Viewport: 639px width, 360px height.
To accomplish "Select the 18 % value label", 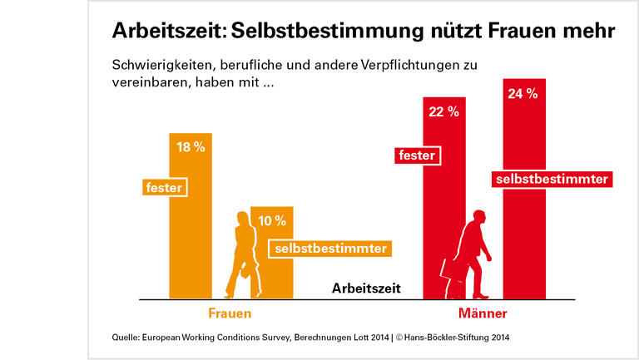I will [x=191, y=147].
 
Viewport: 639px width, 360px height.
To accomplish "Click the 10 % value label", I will [x=271, y=220].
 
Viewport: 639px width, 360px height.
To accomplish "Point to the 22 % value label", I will [x=443, y=111].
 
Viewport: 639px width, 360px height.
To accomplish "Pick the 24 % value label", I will [x=523, y=94].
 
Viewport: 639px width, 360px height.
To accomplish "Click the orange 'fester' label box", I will [x=163, y=188].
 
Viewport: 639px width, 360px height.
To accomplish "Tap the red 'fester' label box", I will [x=417, y=155].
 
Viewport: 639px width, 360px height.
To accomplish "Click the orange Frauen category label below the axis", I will [x=230, y=314].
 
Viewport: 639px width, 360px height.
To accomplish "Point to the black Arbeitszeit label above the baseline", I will [x=366, y=288].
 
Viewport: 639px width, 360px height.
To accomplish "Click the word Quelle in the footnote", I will [x=127, y=338].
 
